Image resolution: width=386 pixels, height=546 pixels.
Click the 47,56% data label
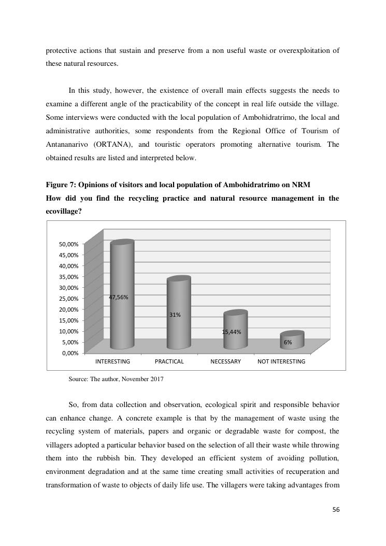tap(118, 297)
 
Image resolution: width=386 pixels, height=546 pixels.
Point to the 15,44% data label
tap(232, 332)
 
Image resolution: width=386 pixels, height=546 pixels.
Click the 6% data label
tap(288, 342)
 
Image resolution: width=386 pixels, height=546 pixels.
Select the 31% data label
tap(175, 315)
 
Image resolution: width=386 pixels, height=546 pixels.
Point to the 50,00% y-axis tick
tap(68, 244)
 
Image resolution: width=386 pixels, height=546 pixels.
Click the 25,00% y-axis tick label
tap(68, 299)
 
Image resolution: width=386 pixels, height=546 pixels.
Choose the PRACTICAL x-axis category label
tap(169, 361)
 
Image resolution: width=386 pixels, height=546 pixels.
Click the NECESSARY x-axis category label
tap(225, 361)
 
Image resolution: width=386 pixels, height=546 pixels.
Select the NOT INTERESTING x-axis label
tap(281, 361)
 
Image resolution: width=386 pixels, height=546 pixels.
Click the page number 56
tap(336, 510)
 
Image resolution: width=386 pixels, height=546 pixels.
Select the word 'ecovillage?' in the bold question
tap(64, 212)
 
